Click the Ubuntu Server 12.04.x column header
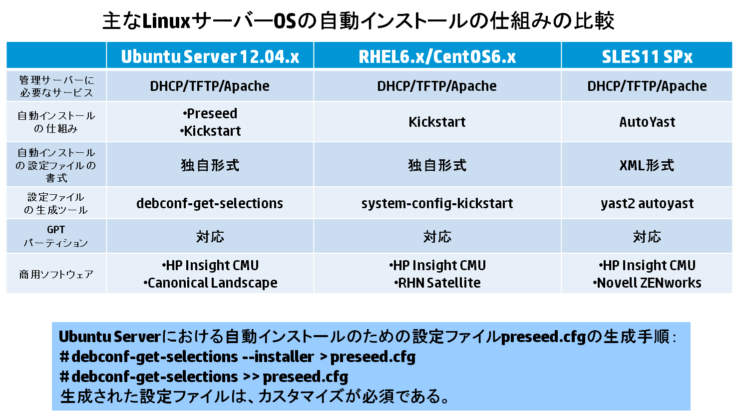tap(210, 56)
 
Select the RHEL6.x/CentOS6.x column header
tap(437, 56)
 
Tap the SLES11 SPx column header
tap(647, 56)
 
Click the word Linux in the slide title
tap(166, 21)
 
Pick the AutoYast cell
tap(647, 122)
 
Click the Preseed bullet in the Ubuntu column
tap(210, 113)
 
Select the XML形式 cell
tap(647, 165)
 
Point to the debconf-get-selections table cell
tap(210, 203)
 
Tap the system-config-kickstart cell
tap(437, 203)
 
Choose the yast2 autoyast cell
tap(647, 203)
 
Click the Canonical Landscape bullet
tap(210, 283)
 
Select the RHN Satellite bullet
tap(437, 283)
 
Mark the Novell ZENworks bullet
tap(647, 283)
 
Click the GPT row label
tap(56, 230)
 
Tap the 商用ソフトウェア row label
tap(56, 274)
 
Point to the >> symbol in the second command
tap(251, 377)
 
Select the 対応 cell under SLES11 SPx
tap(647, 237)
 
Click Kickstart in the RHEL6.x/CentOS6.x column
tap(437, 122)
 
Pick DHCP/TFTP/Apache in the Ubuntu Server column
tap(210, 86)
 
